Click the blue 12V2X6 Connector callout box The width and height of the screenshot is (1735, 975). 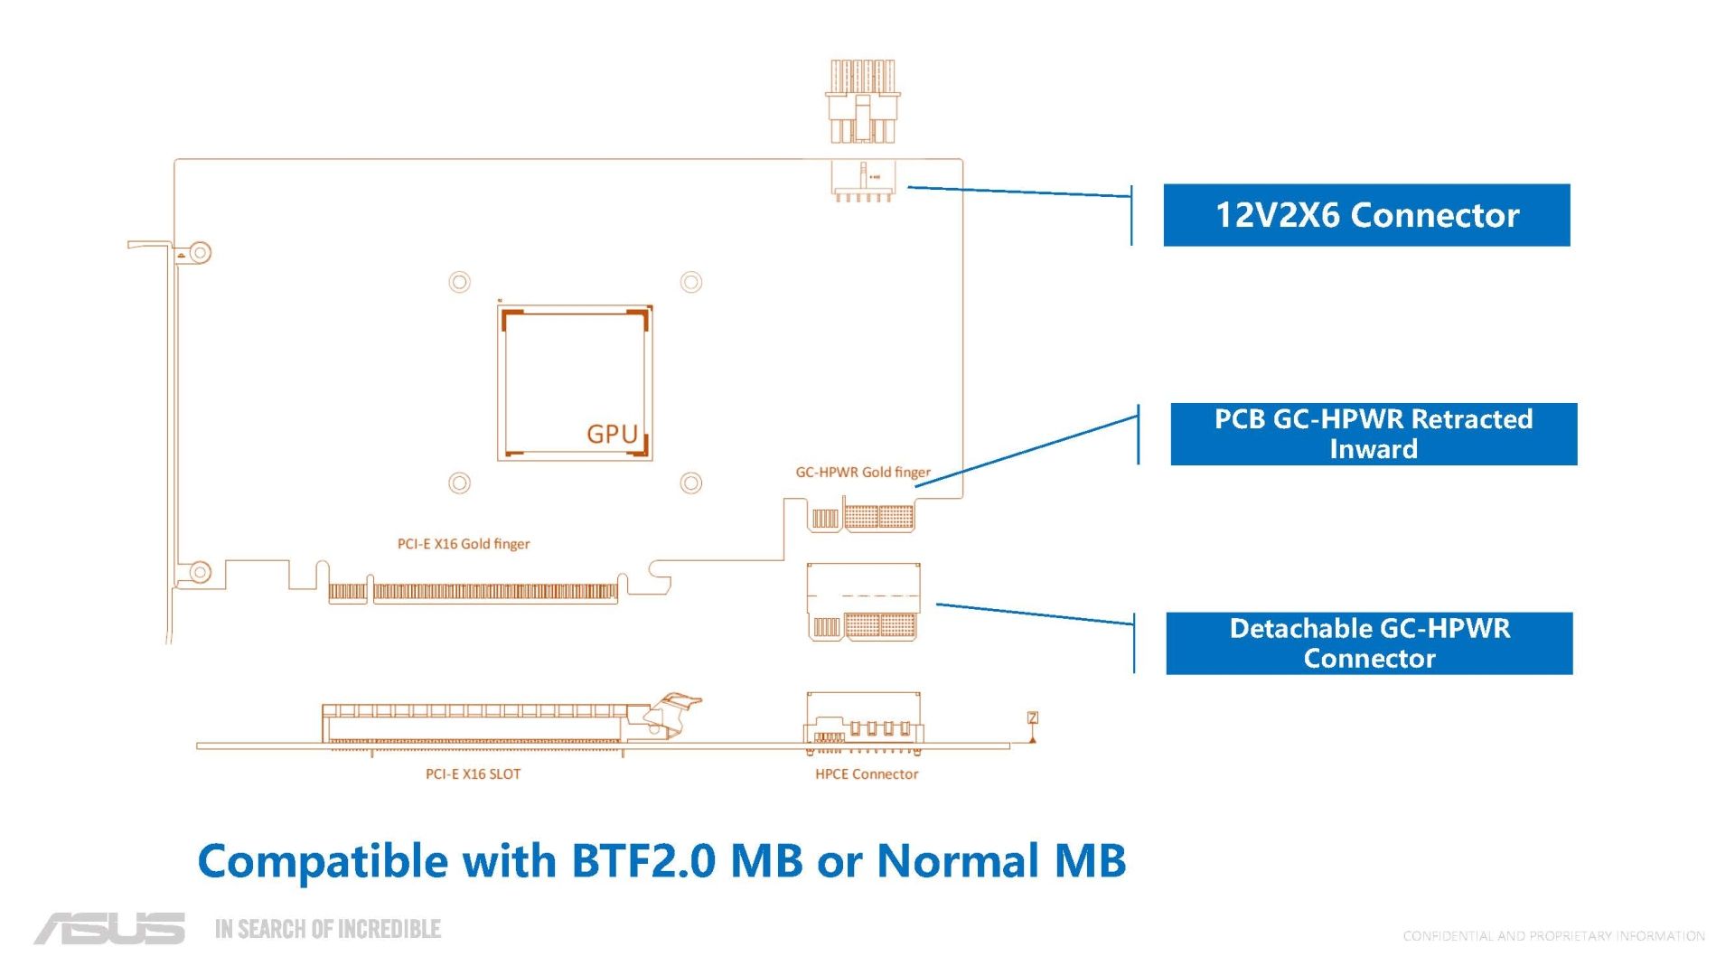point(1366,215)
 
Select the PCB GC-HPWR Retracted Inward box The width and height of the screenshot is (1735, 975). point(1374,434)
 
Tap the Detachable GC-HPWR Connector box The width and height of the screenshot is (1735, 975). point(1369,643)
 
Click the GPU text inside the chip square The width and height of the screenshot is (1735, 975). point(612,435)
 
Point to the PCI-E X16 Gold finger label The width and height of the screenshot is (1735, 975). point(464,544)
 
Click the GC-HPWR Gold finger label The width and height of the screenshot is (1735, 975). point(862,472)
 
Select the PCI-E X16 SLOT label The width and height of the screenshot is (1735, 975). point(473,774)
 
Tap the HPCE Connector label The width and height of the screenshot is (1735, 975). point(867,774)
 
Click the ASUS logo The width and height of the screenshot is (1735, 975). point(109,929)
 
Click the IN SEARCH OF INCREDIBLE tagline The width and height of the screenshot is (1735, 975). point(328,929)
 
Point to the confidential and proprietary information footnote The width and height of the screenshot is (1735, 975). point(1553,936)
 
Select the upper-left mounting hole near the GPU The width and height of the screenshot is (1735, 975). point(459,282)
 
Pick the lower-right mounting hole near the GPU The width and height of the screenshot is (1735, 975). point(691,483)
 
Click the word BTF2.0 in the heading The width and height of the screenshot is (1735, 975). point(642,860)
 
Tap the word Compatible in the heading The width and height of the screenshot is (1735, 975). point(323,862)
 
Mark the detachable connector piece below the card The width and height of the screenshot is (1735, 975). point(863,602)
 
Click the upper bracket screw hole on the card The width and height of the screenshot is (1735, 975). point(200,252)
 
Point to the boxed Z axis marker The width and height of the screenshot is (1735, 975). point(1033,717)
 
